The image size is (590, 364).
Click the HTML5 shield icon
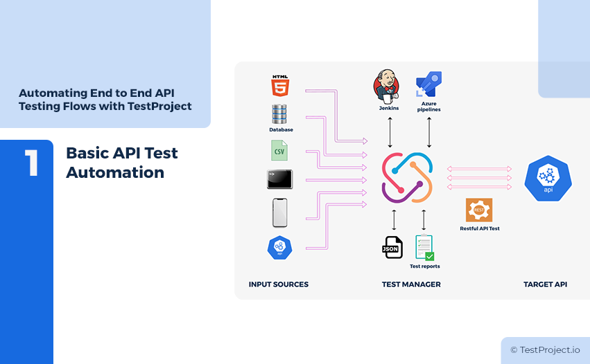[x=280, y=87]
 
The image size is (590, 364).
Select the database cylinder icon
[x=280, y=114]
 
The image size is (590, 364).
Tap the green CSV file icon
[x=279, y=150]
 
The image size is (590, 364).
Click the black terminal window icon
[x=279, y=179]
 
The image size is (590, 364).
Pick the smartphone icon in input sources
[x=279, y=212]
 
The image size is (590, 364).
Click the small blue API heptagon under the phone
[x=279, y=247]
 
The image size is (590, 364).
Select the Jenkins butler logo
[x=388, y=86]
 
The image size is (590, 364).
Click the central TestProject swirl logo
[x=408, y=179]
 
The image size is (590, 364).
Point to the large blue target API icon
[x=548, y=179]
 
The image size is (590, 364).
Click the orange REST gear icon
[x=479, y=210]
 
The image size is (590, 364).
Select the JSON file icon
[x=392, y=247]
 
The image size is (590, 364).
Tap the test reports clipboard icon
[x=424, y=247]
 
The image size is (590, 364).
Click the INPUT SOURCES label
[x=278, y=284]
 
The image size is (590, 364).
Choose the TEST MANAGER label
[x=411, y=284]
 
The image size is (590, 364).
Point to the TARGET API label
[x=545, y=284]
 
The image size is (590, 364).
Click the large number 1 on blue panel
[x=31, y=163]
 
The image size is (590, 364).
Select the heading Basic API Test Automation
[x=121, y=163]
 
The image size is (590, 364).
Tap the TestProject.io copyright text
[x=545, y=350]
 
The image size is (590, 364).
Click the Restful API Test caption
[x=479, y=228]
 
